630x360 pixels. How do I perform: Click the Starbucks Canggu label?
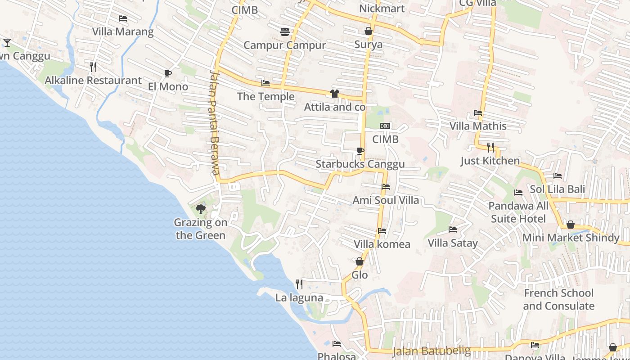click(360, 164)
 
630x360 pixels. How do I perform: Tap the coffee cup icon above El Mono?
click(168, 73)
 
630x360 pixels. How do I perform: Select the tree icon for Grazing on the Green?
click(201, 209)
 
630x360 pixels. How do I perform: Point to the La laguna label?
click(299, 297)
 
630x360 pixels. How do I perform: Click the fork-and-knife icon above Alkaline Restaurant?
click(93, 67)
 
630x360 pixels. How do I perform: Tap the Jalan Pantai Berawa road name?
click(215, 122)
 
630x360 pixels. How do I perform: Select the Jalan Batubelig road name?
click(431, 351)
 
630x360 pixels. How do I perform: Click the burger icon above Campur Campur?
click(285, 32)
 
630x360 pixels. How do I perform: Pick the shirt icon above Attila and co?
click(334, 94)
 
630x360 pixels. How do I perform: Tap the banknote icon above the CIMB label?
click(385, 126)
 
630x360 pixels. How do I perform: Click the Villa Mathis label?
click(478, 126)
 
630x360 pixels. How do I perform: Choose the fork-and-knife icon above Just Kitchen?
click(490, 147)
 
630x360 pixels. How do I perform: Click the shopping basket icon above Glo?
click(360, 261)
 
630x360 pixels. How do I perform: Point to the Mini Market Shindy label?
click(571, 238)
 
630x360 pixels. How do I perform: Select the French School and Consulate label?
click(558, 299)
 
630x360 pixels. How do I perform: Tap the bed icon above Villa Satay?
click(453, 229)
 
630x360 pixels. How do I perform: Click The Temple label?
click(265, 96)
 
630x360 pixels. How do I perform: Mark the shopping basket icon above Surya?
click(369, 31)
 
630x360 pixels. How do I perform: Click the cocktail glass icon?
click(7, 43)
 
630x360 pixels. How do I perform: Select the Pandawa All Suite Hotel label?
click(518, 212)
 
